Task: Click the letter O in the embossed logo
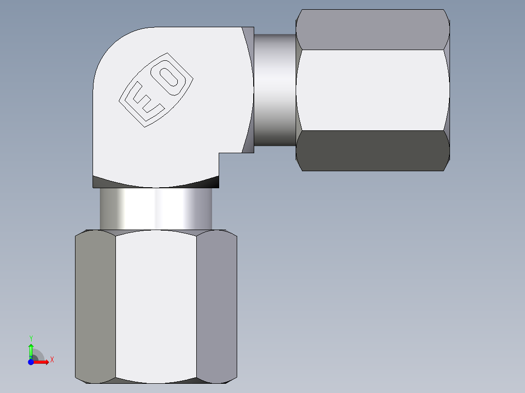pos(169,78)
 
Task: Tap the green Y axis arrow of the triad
pos(31,350)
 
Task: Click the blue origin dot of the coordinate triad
pos(31,362)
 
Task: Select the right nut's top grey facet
pos(373,29)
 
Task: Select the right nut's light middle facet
pos(373,90)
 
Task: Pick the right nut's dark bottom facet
pos(373,151)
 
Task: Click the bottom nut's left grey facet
pos(95,306)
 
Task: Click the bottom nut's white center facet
pos(156,306)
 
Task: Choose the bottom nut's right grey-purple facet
pos(217,306)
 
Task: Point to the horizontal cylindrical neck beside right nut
pos(275,90)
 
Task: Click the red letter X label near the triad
pos(52,360)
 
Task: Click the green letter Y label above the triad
pos(31,338)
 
